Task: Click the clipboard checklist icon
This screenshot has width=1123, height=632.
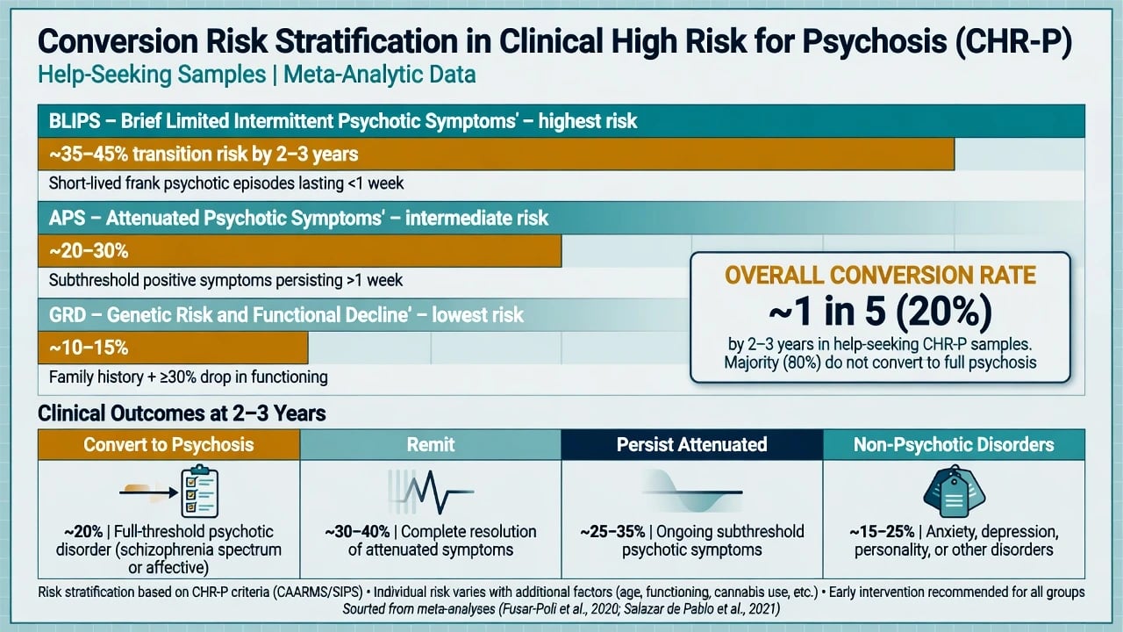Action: pyautogui.click(x=199, y=491)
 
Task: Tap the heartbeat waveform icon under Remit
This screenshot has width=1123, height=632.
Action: pyautogui.click(x=431, y=492)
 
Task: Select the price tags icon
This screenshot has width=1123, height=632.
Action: pyautogui.click(x=954, y=491)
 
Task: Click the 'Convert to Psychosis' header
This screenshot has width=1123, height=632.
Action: pyautogui.click(x=169, y=445)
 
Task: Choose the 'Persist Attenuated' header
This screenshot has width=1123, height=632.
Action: pyautogui.click(x=692, y=444)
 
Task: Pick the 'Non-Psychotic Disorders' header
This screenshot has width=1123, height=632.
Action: pyautogui.click(x=954, y=444)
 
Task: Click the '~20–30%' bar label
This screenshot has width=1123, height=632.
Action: pyautogui.click(x=89, y=251)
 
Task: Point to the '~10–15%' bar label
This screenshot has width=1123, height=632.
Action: pyautogui.click(x=89, y=348)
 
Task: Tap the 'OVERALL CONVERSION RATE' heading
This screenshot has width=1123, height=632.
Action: pyautogui.click(x=880, y=276)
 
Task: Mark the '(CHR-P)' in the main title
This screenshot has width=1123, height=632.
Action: pyautogui.click(x=1013, y=41)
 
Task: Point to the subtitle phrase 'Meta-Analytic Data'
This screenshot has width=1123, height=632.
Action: pyautogui.click(x=380, y=75)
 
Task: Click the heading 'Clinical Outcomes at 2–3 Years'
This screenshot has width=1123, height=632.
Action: pyautogui.click(x=182, y=413)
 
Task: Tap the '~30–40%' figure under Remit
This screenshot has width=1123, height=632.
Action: pyautogui.click(x=357, y=532)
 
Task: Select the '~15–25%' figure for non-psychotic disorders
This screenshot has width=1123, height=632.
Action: pyautogui.click(x=882, y=532)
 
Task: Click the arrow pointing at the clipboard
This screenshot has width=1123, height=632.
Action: pyautogui.click(x=148, y=492)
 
